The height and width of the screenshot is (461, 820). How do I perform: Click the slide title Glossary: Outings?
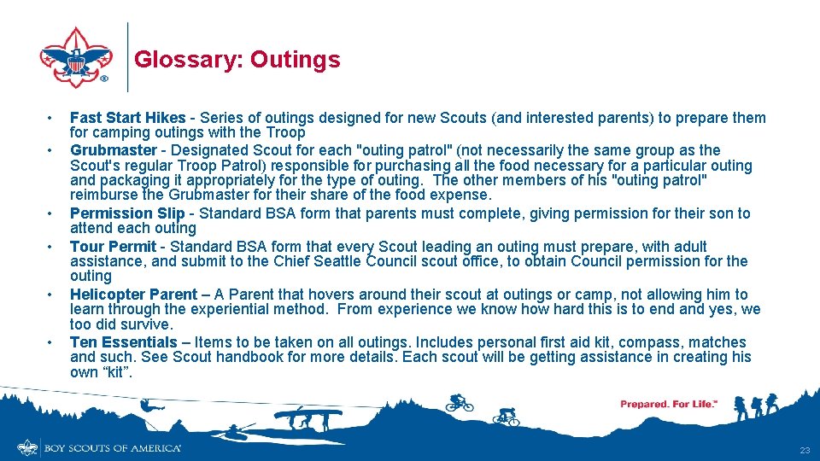(237, 60)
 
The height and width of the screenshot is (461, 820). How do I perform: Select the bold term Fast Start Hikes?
(127, 118)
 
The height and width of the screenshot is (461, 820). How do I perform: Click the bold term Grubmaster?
(113, 150)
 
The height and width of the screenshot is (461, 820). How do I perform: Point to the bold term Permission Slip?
(127, 213)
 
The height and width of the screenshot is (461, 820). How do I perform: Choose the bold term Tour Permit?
(113, 247)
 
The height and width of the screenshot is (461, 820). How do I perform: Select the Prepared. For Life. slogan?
(668, 404)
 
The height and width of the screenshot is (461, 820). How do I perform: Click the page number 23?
(804, 450)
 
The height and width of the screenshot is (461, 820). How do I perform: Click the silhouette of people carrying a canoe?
(307, 417)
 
